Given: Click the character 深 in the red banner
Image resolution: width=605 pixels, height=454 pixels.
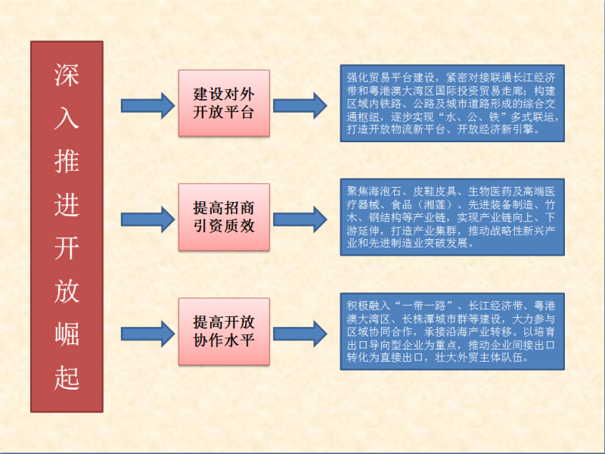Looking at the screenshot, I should pos(67,75).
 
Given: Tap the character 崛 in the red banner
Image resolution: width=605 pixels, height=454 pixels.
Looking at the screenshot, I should pos(67,335).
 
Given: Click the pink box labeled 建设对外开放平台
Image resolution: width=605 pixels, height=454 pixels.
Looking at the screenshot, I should pos(223,104).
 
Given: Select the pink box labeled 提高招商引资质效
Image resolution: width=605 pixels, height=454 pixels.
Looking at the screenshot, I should pos(223,216).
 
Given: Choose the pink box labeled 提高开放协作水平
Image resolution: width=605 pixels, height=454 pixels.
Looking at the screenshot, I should pos(223,331).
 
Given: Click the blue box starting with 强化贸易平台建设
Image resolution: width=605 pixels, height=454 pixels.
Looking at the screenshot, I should pos(451,104).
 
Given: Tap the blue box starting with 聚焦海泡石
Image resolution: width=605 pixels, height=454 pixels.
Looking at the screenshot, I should pos(451,216).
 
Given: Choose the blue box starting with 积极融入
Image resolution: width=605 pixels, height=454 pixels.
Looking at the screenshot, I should pos(451,331).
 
